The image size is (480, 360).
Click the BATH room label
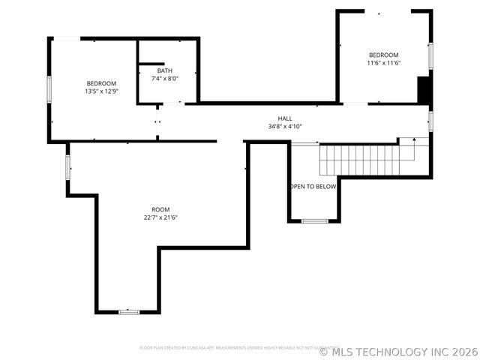tap(164, 70)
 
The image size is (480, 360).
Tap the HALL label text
tap(285, 118)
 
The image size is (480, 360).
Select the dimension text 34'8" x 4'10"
tap(285, 126)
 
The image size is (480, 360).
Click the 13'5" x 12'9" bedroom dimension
tap(101, 91)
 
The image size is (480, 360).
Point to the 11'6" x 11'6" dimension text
tap(383, 63)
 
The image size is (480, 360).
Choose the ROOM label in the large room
tap(160, 209)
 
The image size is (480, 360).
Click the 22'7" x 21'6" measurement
tap(160, 217)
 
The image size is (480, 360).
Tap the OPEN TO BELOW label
tap(313, 187)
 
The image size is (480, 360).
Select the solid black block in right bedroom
tap(424, 90)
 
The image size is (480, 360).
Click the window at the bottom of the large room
tap(129, 311)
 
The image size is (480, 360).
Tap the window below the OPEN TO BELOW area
tap(314, 221)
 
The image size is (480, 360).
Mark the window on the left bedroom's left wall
tap(50, 88)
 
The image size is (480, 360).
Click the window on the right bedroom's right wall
tap(430, 56)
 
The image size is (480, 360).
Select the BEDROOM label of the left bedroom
tap(101, 83)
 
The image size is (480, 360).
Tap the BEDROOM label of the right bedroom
tap(383, 55)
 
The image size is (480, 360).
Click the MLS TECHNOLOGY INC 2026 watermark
tap(405, 350)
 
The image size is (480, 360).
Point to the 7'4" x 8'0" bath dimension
tap(164, 78)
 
